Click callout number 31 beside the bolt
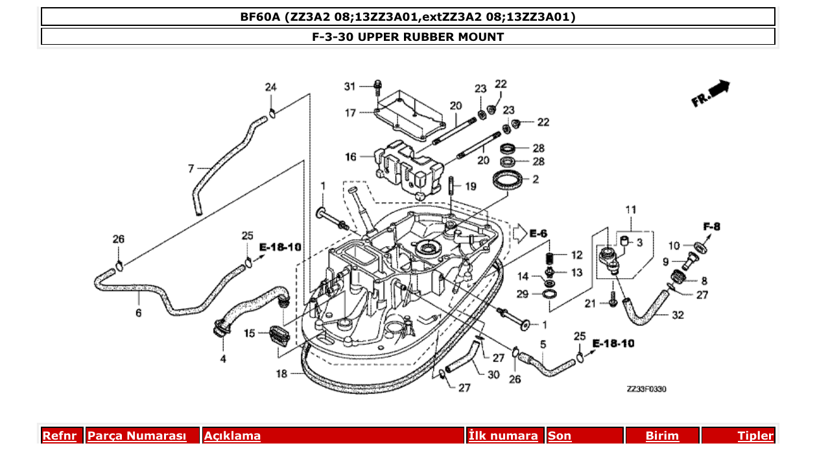[x=349, y=86]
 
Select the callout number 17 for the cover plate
[x=350, y=113]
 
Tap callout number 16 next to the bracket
[x=350, y=157]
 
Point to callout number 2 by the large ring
[x=536, y=180]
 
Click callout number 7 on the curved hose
[x=191, y=169]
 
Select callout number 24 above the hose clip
[x=270, y=87]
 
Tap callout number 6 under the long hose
[x=138, y=313]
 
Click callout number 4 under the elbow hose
[x=223, y=358]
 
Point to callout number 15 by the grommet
[x=250, y=333]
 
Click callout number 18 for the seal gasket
[x=281, y=373]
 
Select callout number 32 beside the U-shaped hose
[x=678, y=316]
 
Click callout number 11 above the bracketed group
[x=630, y=209]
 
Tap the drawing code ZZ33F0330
[x=646, y=389]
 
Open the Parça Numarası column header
[x=136, y=436]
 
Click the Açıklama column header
[x=233, y=436]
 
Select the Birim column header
[x=661, y=436]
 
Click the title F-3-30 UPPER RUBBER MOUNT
[x=408, y=37]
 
